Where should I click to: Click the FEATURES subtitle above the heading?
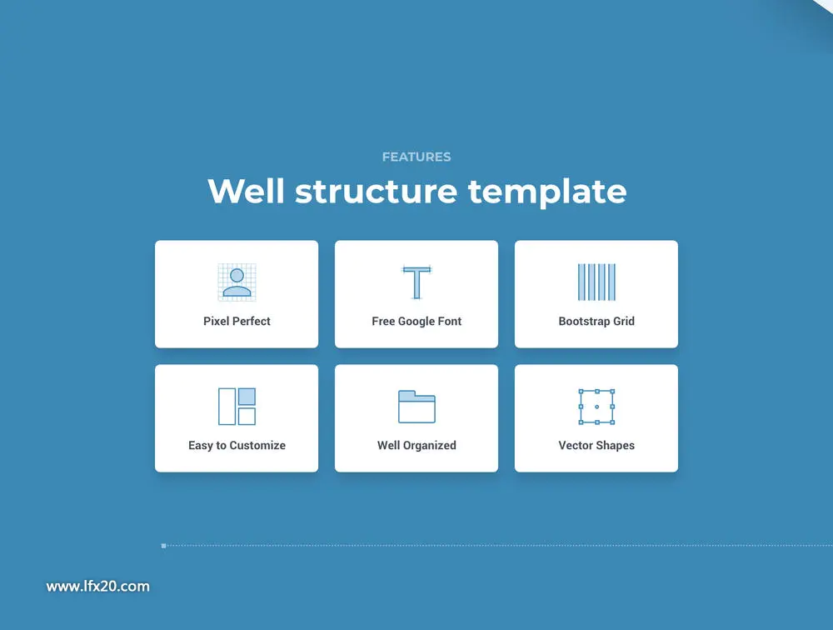[416, 157]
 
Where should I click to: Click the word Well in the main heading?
[246, 191]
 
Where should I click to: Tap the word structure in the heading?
[377, 192]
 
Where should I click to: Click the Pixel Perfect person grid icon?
[237, 282]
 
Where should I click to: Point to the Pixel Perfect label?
[237, 321]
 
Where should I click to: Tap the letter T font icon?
[416, 282]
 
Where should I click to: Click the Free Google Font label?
[416, 321]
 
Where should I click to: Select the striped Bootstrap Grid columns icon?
[596, 282]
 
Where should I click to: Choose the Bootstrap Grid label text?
[596, 321]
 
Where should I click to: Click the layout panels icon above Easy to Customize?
[237, 406]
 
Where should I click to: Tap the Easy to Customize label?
[237, 446]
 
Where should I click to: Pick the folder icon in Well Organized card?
[416, 407]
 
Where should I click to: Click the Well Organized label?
[416, 446]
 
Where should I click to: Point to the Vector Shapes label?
[596, 446]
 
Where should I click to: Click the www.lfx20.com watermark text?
[97, 587]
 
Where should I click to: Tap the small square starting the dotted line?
[163, 546]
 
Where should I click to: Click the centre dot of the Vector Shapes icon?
[596, 407]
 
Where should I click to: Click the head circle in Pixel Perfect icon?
[237, 275]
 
